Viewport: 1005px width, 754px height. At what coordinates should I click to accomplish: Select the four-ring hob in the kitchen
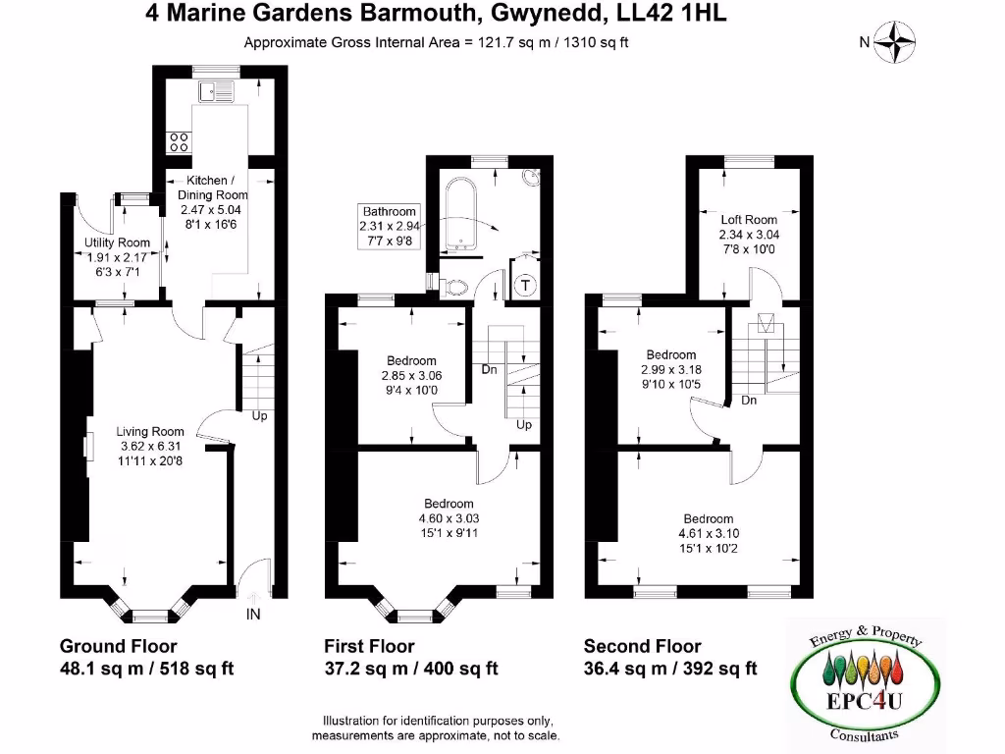180,141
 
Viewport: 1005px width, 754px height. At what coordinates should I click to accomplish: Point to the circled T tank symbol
526,286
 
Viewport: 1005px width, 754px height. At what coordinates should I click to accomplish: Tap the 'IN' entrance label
253,615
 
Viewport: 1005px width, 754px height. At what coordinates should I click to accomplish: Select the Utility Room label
116,242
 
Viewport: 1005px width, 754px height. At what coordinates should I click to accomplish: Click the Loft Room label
748,220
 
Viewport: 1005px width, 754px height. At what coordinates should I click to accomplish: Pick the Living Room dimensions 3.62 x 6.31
149,445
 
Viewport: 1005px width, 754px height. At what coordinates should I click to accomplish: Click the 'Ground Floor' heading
119,646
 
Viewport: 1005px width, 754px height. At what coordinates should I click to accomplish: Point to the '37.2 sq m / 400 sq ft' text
411,669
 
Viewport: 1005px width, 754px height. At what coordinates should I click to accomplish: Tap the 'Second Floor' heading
642,646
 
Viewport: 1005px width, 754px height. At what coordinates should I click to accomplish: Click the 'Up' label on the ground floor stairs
259,415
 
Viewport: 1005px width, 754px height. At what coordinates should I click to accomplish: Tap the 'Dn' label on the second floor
749,401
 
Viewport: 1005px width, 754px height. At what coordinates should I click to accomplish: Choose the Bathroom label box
390,225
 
